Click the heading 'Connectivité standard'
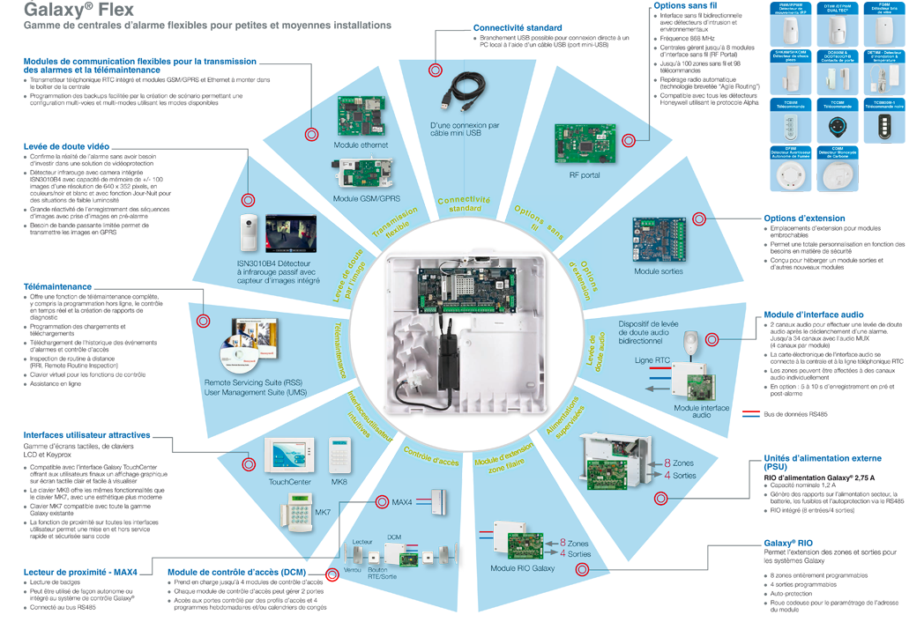click(517, 28)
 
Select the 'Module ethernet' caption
click(361, 144)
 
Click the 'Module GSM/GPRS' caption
click(367, 199)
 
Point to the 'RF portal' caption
click(585, 175)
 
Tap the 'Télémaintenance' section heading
click(57, 286)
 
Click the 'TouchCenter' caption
click(289, 482)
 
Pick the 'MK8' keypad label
click(339, 482)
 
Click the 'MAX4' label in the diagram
click(402, 501)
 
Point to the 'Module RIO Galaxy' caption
click(523, 568)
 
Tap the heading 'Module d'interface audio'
click(813, 315)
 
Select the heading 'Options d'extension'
click(803, 218)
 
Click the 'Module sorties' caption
click(659, 271)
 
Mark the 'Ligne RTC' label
click(652, 360)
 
